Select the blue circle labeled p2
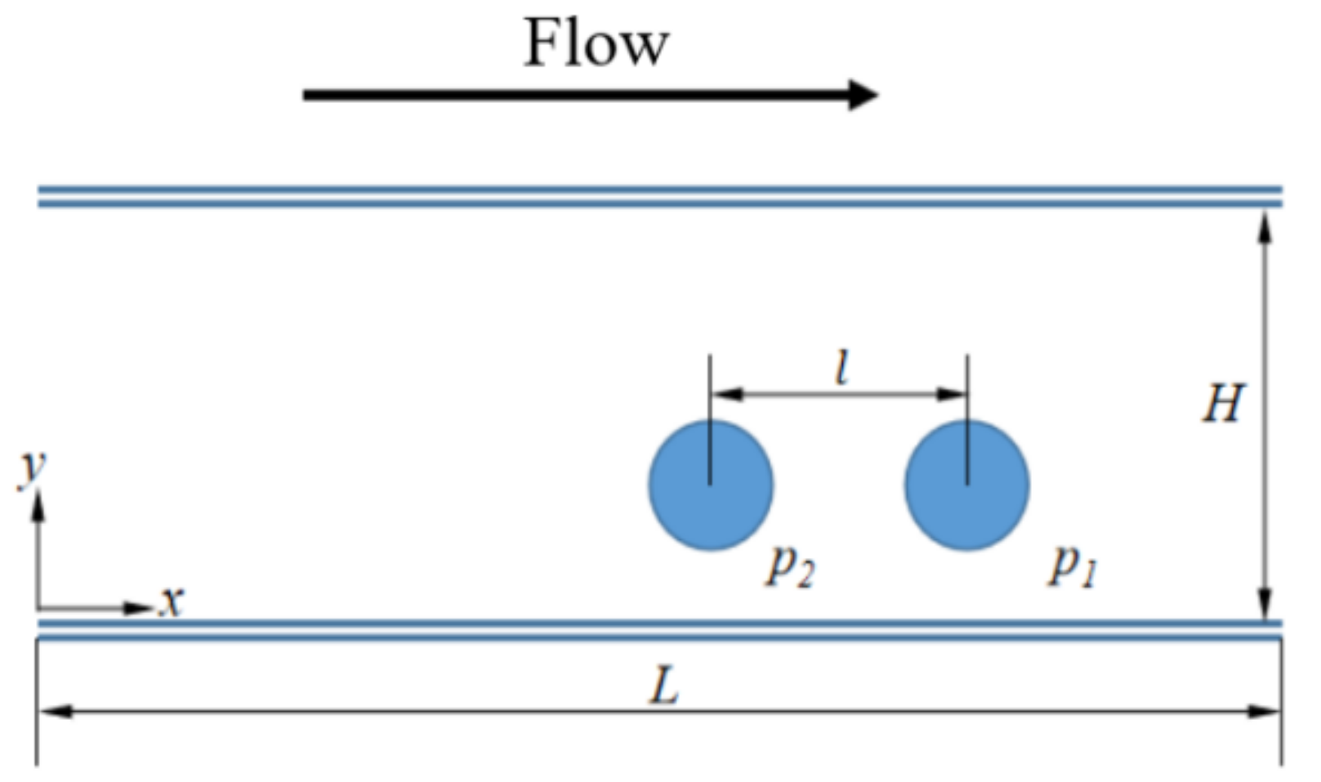[711, 485]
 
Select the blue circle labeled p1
[967, 485]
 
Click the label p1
[1073, 565]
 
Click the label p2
[790, 565]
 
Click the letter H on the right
[1223, 403]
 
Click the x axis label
[172, 601]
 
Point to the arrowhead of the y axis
[38, 505]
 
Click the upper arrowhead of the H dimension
[1265, 226]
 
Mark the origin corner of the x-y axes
[38, 608]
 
